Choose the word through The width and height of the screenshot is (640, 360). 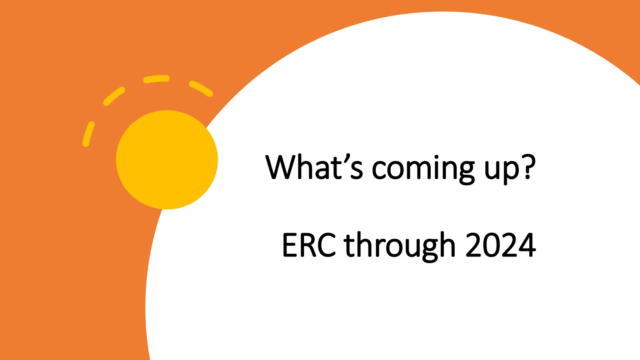[x=399, y=245]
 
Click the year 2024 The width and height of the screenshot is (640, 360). [x=500, y=245]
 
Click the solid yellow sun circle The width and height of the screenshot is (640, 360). [x=167, y=160]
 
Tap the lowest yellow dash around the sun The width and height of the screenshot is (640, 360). [x=89, y=134]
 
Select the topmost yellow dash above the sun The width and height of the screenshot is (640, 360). [x=156, y=79]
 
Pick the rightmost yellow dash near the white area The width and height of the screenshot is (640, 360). [x=201, y=88]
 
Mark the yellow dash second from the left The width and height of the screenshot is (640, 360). [x=114, y=96]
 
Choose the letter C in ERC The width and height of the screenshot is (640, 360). [x=327, y=245]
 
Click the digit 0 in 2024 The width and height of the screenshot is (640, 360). [x=491, y=245]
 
